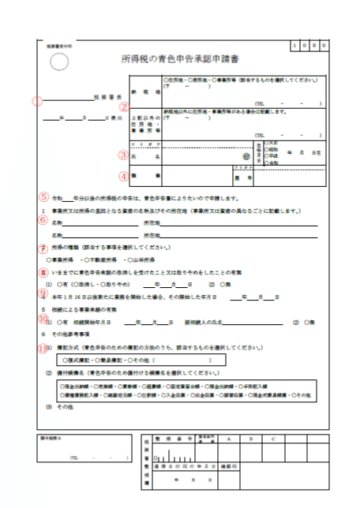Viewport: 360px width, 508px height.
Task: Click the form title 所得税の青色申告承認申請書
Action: tap(179, 58)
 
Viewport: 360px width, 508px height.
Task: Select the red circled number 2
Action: tap(123, 106)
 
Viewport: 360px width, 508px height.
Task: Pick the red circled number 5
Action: tap(44, 197)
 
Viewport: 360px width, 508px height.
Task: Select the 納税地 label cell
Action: tap(141, 92)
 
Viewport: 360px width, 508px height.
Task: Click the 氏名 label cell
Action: tap(141, 157)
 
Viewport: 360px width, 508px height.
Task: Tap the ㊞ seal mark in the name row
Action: tap(223, 156)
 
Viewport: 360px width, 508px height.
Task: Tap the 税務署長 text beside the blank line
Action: tap(103, 101)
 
